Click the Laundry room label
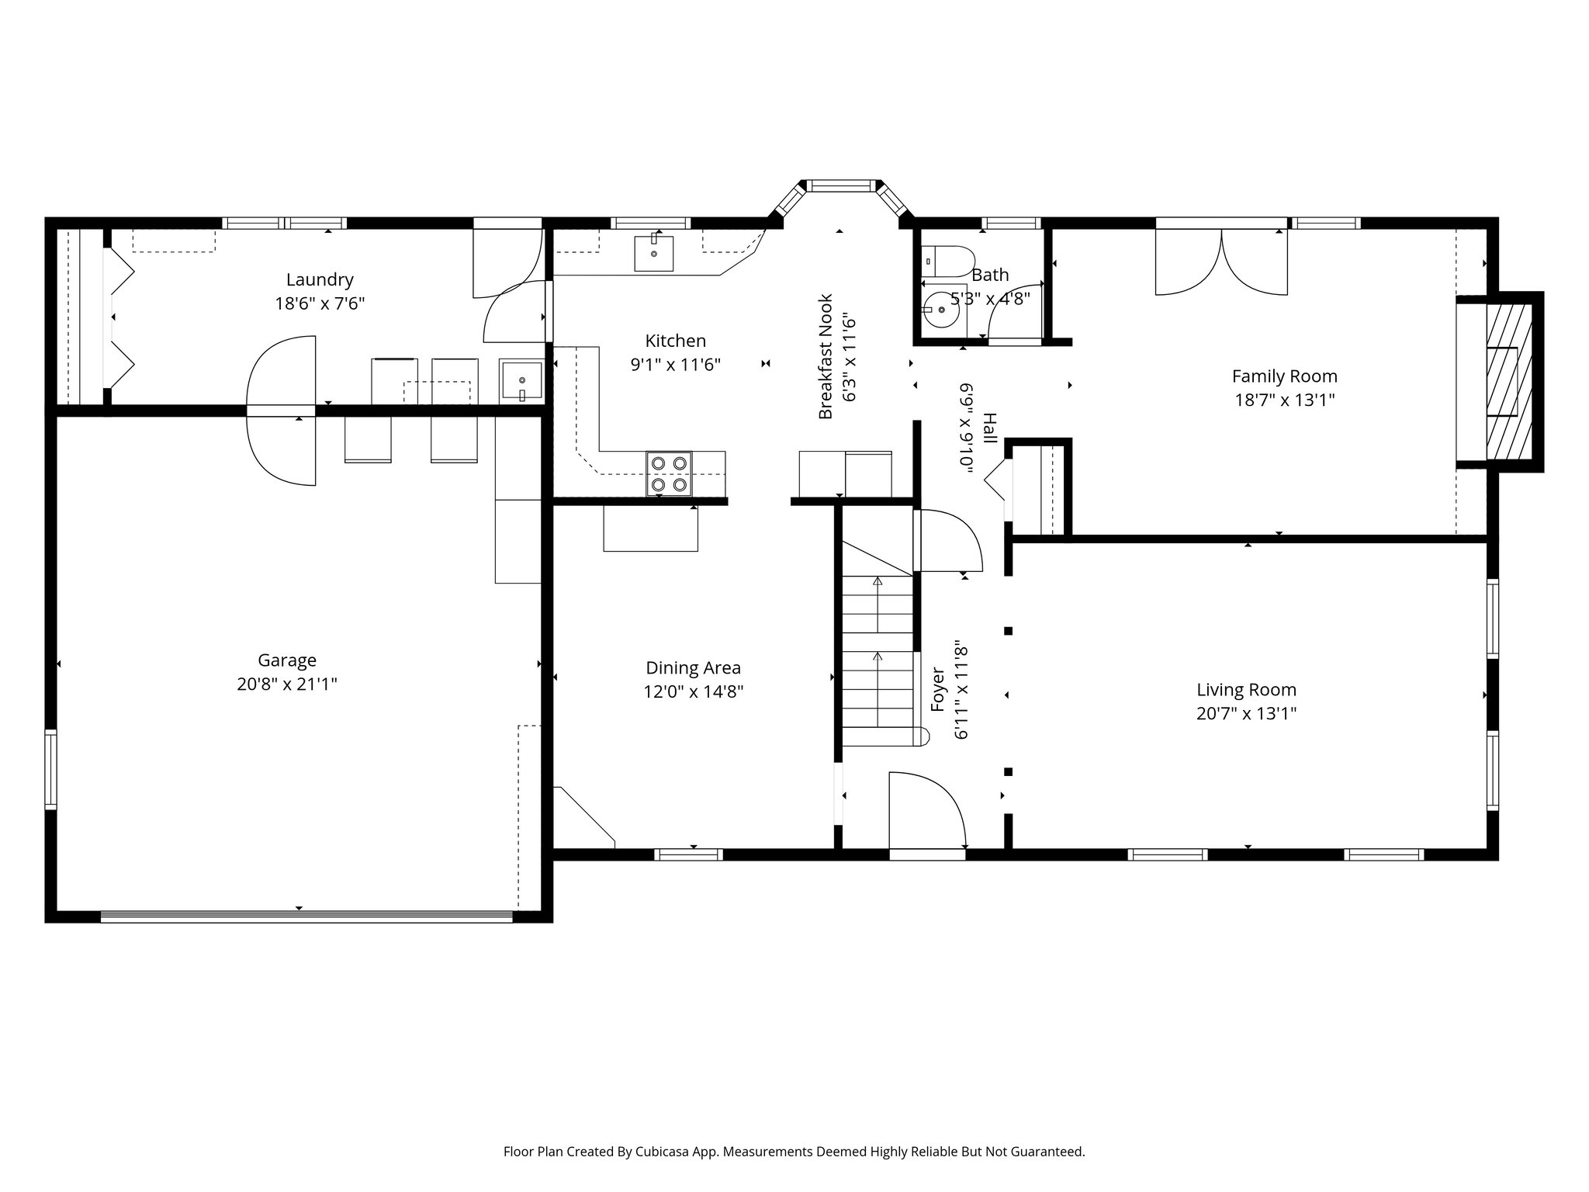(319, 279)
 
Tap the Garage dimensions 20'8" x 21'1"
(287, 684)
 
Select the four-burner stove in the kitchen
(670, 473)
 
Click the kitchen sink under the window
(653, 253)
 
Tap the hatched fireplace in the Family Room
(1508, 381)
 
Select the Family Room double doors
(1221, 262)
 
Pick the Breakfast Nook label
(826, 356)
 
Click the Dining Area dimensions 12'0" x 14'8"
(693, 691)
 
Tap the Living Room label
(1246, 689)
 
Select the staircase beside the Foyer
(878, 660)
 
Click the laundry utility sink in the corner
(521, 380)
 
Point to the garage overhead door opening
(306, 917)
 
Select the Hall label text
(989, 428)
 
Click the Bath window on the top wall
(1010, 223)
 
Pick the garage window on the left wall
(51, 768)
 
